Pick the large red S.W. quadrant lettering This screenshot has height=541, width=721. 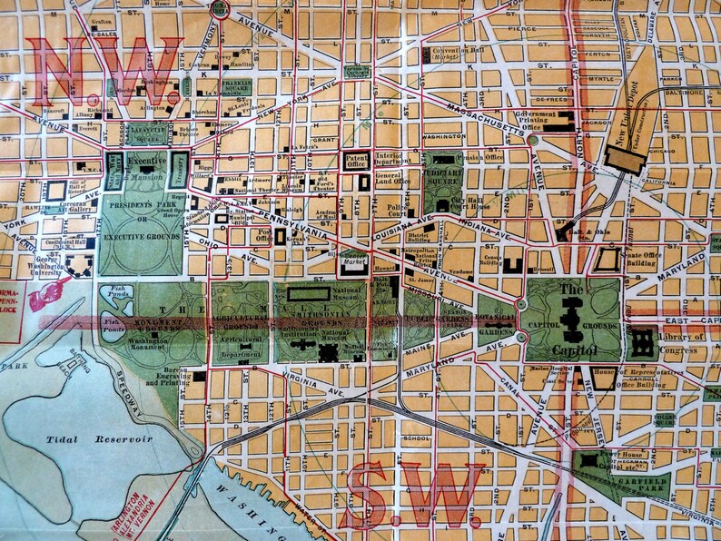(414, 490)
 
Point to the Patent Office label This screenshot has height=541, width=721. (356, 161)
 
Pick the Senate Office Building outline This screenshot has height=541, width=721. (607, 261)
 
